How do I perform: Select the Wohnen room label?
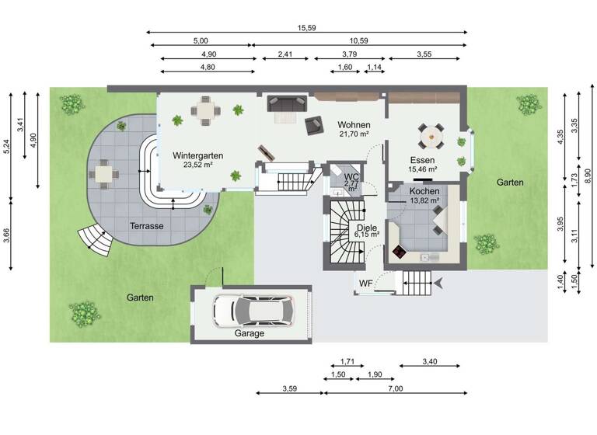pyautogui.click(x=354, y=125)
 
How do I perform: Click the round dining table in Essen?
pyautogui.click(x=430, y=137)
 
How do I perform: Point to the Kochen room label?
pyautogui.click(x=424, y=191)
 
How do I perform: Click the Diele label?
pyautogui.click(x=367, y=228)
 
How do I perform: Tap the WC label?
pyautogui.click(x=351, y=177)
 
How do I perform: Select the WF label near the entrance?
pyautogui.click(x=365, y=284)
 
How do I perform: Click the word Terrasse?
pyautogui.click(x=146, y=226)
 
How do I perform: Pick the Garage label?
pyautogui.click(x=250, y=333)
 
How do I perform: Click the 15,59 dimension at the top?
pyautogui.click(x=306, y=28)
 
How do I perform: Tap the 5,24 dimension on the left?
pyautogui.click(x=7, y=147)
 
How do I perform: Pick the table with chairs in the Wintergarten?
pyautogui.click(x=205, y=112)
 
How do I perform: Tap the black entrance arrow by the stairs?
pyautogui.click(x=440, y=280)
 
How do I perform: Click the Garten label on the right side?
pyautogui.click(x=510, y=183)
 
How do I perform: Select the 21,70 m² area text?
pyautogui.click(x=354, y=134)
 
